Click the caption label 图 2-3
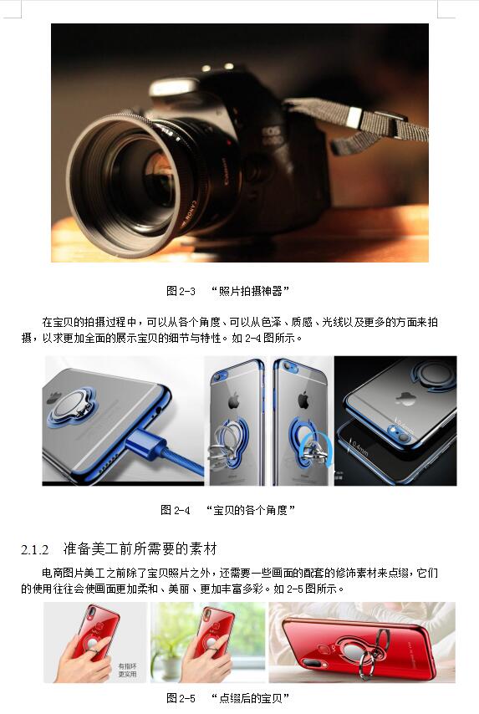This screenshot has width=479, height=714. click(x=181, y=291)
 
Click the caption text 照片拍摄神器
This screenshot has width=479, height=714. click(x=251, y=291)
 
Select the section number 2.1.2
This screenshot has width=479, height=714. click(x=34, y=549)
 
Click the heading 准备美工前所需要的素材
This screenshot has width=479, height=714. click(x=140, y=548)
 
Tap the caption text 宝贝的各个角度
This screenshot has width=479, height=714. click(x=251, y=510)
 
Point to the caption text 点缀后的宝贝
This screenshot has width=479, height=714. click(x=251, y=698)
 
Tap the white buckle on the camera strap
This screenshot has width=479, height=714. click(x=354, y=118)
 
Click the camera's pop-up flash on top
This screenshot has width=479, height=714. click(x=176, y=86)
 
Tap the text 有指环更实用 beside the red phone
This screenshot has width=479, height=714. click(x=127, y=671)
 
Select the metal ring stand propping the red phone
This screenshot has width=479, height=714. click(x=372, y=655)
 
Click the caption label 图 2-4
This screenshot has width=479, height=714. click(x=176, y=510)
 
